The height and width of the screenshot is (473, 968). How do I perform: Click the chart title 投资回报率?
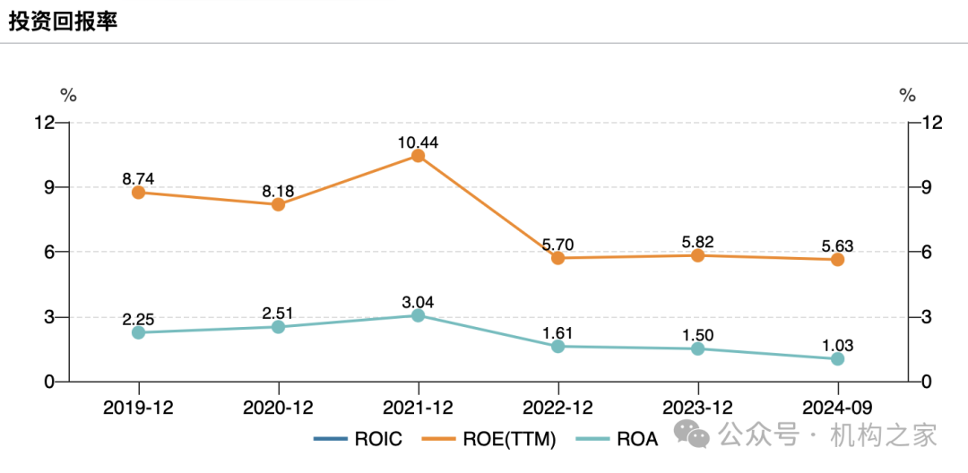pyautogui.click(x=63, y=22)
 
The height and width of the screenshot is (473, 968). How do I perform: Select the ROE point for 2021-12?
pyautogui.click(x=418, y=156)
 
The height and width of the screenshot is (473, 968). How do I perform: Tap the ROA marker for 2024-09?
pyautogui.click(x=837, y=358)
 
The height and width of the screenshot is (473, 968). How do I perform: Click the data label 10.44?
pyautogui.click(x=418, y=142)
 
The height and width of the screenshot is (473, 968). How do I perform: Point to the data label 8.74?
pyautogui.click(x=138, y=178)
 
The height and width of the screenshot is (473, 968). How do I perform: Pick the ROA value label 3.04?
pyautogui.click(x=418, y=302)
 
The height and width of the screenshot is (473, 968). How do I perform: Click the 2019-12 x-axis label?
pyautogui.click(x=138, y=408)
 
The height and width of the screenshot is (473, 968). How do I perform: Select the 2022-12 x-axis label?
pyautogui.click(x=557, y=408)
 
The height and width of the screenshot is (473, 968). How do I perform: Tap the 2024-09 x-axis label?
pyautogui.click(x=837, y=408)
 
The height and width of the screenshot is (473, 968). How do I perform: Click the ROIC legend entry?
pyautogui.click(x=359, y=439)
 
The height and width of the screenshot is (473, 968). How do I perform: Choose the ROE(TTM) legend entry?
pyautogui.click(x=493, y=439)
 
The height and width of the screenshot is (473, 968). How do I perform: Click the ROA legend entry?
pyautogui.click(x=624, y=439)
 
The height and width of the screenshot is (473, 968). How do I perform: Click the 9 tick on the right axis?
pyautogui.click(x=919, y=187)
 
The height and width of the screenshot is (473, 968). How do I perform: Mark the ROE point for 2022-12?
pyautogui.click(x=557, y=258)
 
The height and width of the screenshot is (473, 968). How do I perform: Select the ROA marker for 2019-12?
pyautogui.click(x=138, y=332)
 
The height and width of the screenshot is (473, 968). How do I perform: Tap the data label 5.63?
pyautogui.click(x=837, y=245)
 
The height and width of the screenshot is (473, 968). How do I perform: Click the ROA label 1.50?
pyautogui.click(x=697, y=334)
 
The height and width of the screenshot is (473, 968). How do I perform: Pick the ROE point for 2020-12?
pyautogui.click(x=278, y=204)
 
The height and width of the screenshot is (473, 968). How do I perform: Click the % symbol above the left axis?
pyautogui.click(x=68, y=95)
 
